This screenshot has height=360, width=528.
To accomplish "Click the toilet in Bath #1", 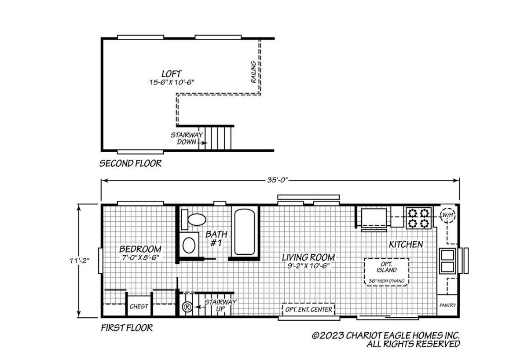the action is tap(193, 220).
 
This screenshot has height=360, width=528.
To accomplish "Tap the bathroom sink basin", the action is tap(189, 245).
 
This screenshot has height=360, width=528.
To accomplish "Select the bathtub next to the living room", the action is tap(245, 232).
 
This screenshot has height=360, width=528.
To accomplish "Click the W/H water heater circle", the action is tap(447, 215).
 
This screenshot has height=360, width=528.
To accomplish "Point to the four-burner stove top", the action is tap(418, 218).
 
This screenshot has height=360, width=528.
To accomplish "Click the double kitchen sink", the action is tap(447, 261).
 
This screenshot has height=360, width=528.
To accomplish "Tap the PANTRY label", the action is tap(447, 305).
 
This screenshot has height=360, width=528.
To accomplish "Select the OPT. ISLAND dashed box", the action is tap(386, 272).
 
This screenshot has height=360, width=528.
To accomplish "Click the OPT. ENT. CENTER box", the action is tap(308, 309).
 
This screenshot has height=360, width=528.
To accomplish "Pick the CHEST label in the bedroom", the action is tap(139, 306).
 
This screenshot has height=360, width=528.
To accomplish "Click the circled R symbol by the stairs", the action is tap(187, 307).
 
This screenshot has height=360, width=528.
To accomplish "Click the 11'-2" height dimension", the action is tap(80, 261).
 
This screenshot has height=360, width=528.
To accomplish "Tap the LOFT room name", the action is tap(171, 74).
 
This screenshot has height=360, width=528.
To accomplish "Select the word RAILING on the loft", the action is tap(253, 72).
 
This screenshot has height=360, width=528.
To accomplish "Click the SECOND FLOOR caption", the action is tap(130, 163).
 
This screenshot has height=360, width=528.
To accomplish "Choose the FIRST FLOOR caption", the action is tap(127, 328).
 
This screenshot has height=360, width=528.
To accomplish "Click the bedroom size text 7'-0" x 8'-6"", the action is tap(140, 257).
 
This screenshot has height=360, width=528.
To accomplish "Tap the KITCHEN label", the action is tap(406, 244).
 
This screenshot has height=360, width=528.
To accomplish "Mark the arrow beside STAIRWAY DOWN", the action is tap(202, 143).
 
